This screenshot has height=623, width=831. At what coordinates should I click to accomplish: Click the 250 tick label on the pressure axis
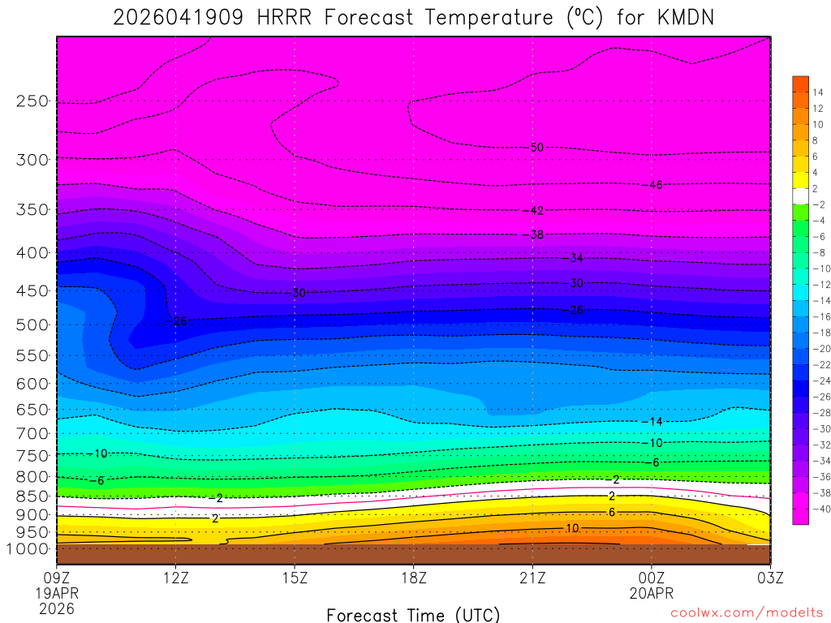(32, 101)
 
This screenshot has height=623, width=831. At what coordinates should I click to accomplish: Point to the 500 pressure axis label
(32, 325)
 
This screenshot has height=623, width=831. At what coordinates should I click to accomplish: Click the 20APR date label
(651, 592)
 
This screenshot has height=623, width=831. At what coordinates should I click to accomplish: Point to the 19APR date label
(57, 592)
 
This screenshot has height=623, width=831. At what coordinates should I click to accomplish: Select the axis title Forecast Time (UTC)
(413, 614)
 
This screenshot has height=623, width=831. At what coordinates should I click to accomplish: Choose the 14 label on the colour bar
(818, 92)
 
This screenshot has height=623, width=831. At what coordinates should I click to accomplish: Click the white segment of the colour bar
(800, 195)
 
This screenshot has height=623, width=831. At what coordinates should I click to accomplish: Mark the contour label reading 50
(536, 148)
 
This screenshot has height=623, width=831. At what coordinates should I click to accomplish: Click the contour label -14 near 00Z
(652, 422)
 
